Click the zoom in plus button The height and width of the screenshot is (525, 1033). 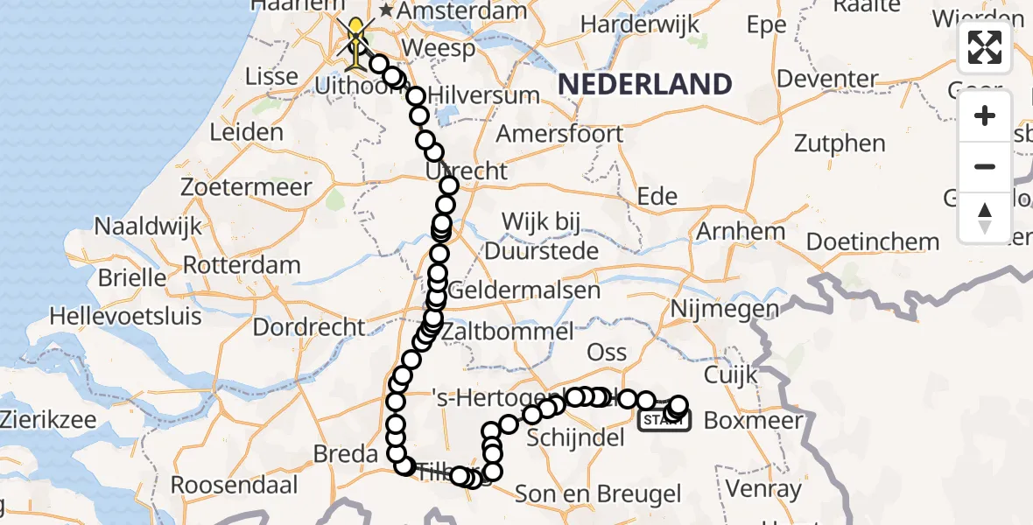click(x=985, y=116)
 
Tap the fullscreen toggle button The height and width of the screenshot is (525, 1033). click(x=985, y=47)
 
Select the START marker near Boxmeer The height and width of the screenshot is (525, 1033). click(x=665, y=421)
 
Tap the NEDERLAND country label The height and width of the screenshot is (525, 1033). click(x=644, y=85)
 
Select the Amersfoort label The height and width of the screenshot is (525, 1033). click(x=559, y=134)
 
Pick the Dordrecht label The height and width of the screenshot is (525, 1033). click(x=309, y=327)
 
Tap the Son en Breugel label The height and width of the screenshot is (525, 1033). click(x=598, y=493)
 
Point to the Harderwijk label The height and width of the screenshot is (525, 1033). click(x=640, y=24)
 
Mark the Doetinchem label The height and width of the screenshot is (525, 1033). click(x=873, y=241)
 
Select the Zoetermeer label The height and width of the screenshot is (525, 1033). click(x=246, y=187)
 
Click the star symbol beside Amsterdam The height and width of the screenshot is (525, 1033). click(x=385, y=12)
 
